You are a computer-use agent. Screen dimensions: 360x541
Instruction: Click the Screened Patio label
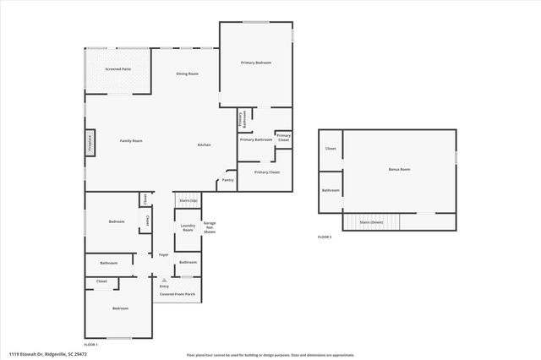(x=117, y=68)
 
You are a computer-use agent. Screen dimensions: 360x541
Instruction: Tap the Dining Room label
(x=187, y=74)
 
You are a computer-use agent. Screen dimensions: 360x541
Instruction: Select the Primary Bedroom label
(x=255, y=63)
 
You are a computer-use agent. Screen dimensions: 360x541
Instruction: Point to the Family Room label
(x=130, y=141)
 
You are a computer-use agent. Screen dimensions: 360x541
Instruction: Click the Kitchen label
(x=204, y=145)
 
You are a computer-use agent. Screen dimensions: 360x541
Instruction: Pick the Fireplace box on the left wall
(x=89, y=143)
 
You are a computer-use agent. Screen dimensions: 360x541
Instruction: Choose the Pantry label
(x=227, y=179)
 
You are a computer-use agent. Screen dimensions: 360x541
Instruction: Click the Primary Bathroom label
(x=255, y=139)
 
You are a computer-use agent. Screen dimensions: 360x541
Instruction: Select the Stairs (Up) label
(x=188, y=200)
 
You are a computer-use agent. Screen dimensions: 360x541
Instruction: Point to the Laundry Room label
(x=188, y=228)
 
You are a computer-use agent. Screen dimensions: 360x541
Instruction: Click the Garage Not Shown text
(x=209, y=227)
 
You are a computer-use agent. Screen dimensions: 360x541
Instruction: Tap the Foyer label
(x=163, y=254)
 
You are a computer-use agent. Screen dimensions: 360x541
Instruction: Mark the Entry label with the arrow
(x=164, y=286)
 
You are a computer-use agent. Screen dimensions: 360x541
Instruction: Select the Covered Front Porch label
(x=178, y=294)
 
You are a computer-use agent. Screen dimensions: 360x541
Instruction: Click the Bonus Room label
(x=399, y=170)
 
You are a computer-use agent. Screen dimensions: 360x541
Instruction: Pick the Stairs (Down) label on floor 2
(x=372, y=222)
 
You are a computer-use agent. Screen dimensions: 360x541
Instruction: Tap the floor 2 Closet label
(x=331, y=149)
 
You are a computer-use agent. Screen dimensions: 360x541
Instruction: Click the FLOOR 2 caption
(x=325, y=237)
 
